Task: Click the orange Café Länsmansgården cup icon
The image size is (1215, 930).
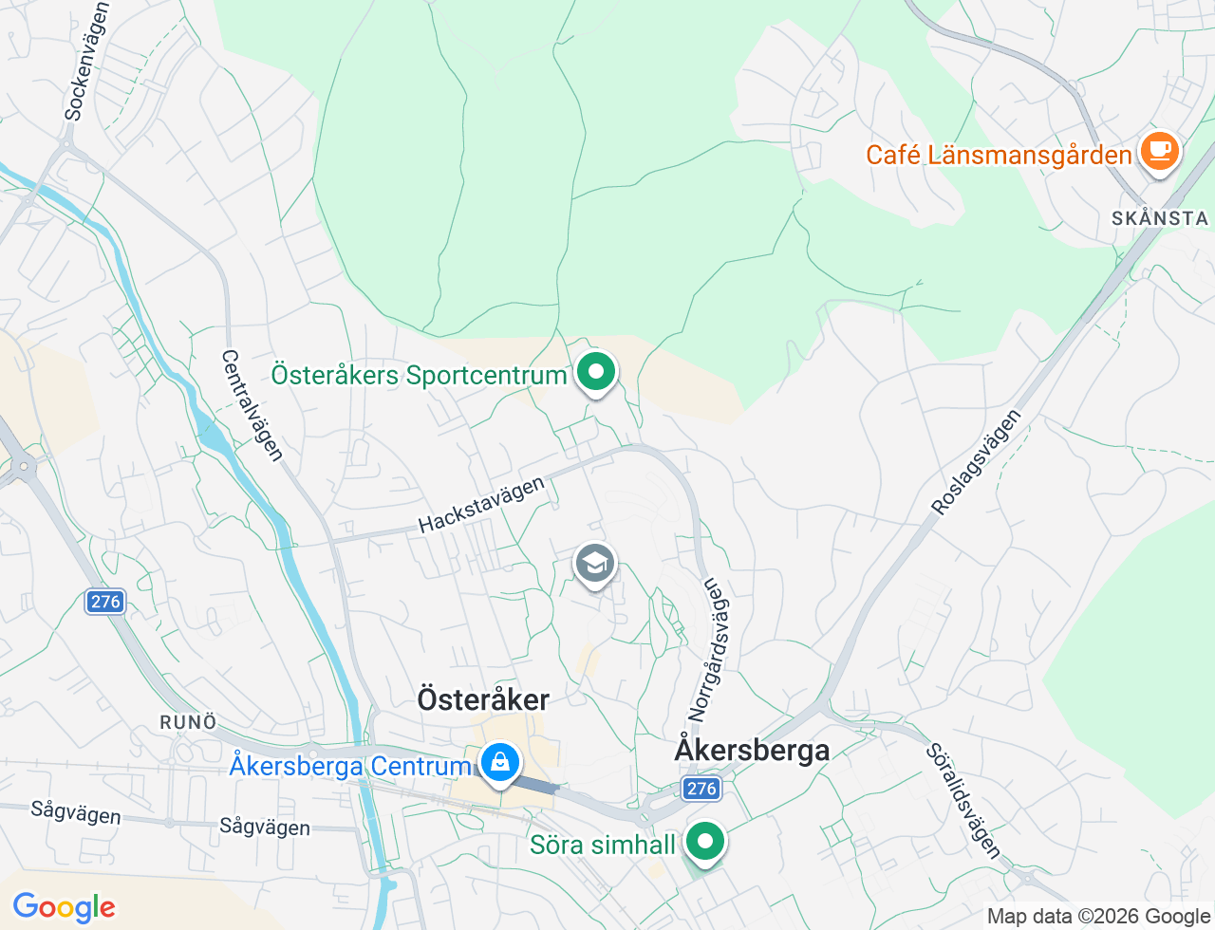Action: coord(1159,151)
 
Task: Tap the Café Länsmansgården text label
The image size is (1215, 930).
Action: coord(999,155)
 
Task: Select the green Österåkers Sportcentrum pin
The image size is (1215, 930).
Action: coord(596,371)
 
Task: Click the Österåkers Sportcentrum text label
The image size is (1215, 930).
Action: coord(419,375)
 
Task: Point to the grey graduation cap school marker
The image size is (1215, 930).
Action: coord(595,564)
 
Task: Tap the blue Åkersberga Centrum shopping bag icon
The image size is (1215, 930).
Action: coord(499,761)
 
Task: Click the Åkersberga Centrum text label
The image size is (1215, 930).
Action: coord(350,766)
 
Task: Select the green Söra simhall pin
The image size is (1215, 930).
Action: coord(705,841)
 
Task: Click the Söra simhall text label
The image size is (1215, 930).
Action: coord(603,845)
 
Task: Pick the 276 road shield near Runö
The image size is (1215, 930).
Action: coord(105,601)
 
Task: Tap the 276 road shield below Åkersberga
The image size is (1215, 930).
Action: coord(701,788)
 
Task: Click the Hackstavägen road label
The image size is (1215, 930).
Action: coord(481,505)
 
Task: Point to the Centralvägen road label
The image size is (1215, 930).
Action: coord(252,405)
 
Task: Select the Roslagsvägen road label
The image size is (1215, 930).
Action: coord(976,462)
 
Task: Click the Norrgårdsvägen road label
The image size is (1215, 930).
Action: coord(711,650)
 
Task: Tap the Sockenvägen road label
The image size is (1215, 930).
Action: coord(87,61)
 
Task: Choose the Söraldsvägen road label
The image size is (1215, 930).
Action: coord(963,801)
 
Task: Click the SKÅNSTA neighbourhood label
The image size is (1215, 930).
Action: coord(1160,218)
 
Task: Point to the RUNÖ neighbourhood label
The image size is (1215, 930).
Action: coord(188,722)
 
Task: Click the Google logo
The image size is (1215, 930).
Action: coord(64,907)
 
